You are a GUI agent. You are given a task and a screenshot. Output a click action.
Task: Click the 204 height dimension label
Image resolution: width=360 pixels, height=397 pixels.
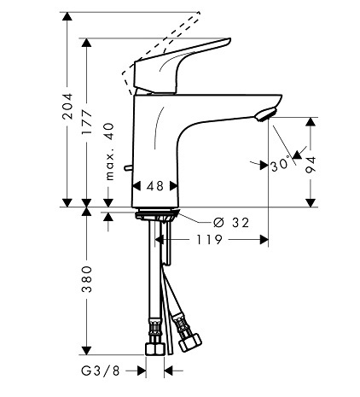click(x=67, y=106)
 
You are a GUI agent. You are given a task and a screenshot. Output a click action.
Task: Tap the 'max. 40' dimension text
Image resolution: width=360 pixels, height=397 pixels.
click(x=109, y=151)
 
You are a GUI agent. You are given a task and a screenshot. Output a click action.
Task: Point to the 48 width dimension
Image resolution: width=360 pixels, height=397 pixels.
click(x=155, y=186)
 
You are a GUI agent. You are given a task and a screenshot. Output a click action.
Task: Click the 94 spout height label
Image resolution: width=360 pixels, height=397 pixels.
click(x=311, y=165)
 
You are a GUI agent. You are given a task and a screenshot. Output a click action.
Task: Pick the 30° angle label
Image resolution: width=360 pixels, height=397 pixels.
click(x=280, y=165)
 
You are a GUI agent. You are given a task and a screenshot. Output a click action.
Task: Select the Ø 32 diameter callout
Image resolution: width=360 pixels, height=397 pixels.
click(x=231, y=222)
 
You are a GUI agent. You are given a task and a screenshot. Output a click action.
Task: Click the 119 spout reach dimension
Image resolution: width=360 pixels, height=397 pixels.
click(x=209, y=240)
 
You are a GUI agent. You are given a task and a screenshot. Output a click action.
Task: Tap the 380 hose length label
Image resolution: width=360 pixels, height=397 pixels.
click(x=86, y=279)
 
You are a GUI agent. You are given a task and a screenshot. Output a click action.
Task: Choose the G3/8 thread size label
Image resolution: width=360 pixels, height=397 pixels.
click(x=101, y=371)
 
